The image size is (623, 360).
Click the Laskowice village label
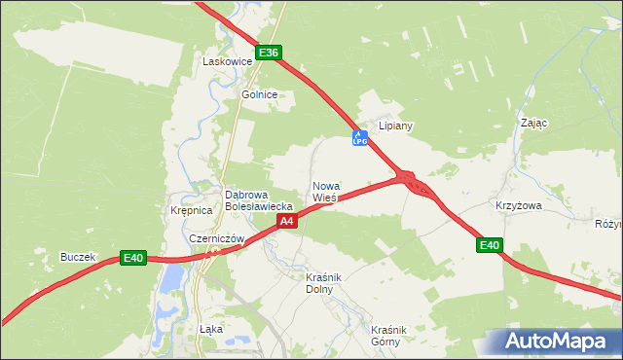[x=227, y=61]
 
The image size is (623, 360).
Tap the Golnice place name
[x=260, y=94]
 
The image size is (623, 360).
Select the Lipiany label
[x=396, y=126]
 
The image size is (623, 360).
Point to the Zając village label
[x=534, y=124]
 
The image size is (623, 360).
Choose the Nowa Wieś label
[x=326, y=191]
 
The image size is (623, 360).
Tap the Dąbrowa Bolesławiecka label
[x=259, y=199]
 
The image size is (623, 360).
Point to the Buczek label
[x=78, y=257]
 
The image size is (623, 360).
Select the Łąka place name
[x=210, y=329]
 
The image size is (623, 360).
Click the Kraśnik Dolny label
[x=320, y=283]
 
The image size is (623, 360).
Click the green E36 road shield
[x=270, y=53]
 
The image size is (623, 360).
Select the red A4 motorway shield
[x=286, y=222]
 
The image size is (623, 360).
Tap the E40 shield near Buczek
[x=133, y=258]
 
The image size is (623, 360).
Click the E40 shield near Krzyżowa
[x=490, y=246]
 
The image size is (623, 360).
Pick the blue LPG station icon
[x=359, y=139]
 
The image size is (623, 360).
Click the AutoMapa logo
[x=556, y=341]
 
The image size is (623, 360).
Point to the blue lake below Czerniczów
[x=172, y=280]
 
